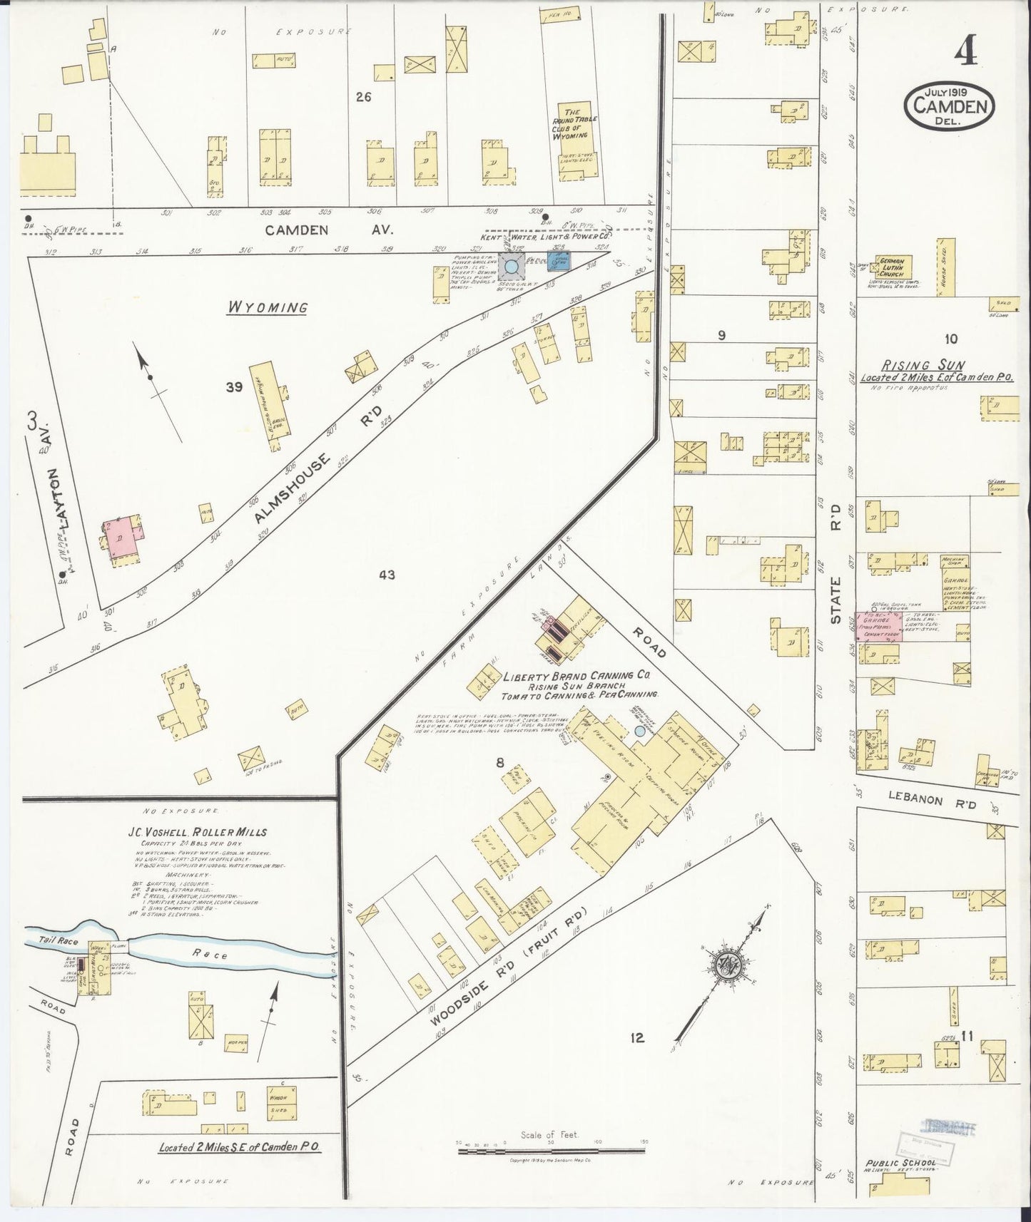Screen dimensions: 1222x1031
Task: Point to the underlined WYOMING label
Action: [268, 308]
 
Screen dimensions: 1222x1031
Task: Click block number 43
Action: [387, 575]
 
